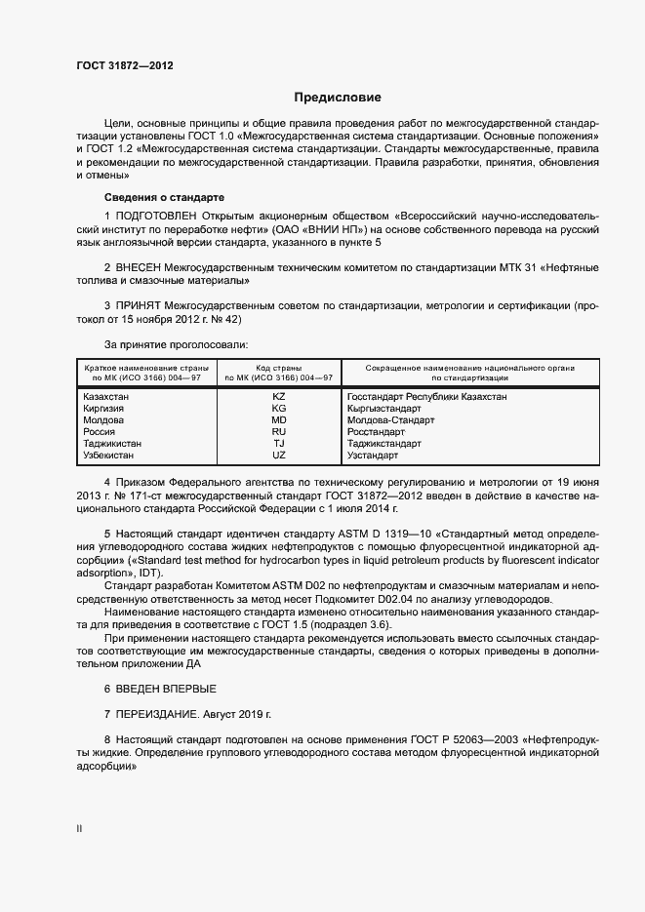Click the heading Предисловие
coord(338,98)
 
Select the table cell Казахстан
coord(107,397)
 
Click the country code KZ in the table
coord(278,397)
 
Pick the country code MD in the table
coord(278,420)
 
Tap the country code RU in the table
coord(278,432)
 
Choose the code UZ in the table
coord(278,456)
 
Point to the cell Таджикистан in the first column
coord(112,444)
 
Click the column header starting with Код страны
coord(279,372)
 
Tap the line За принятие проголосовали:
coord(176,343)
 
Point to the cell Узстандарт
coord(373,456)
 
